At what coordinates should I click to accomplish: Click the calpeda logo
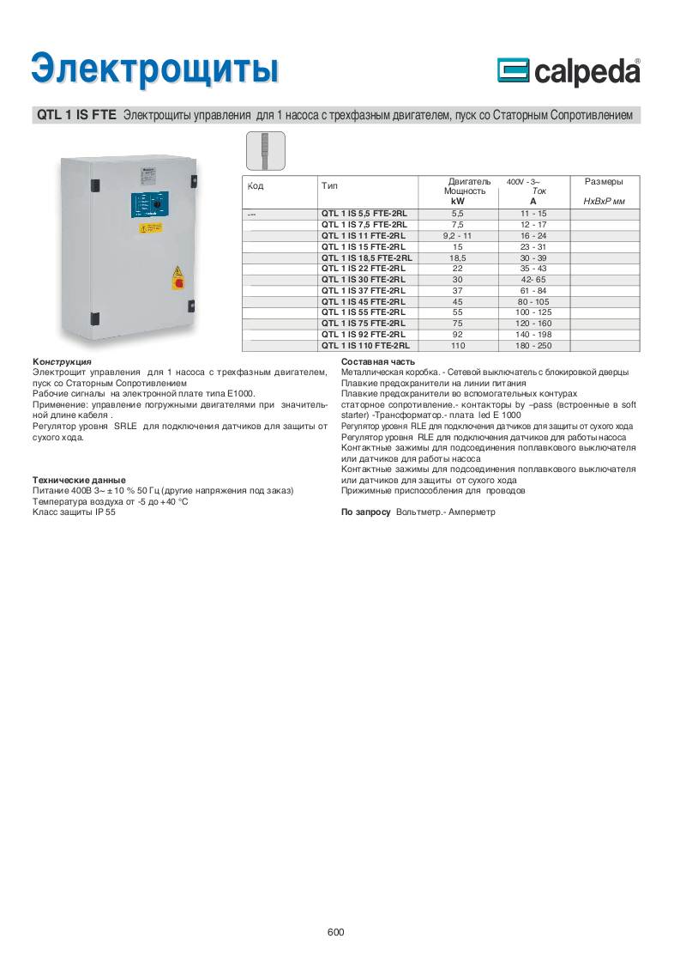click(x=569, y=72)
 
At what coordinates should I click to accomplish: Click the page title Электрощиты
click(x=154, y=68)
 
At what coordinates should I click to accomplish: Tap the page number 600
click(x=335, y=932)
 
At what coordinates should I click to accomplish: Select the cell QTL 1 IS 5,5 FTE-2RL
click(x=364, y=212)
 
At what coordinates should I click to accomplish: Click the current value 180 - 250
click(x=533, y=346)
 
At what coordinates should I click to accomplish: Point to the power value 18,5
click(x=457, y=257)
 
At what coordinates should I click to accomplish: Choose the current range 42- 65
click(x=533, y=279)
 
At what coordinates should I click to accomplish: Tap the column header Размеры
click(x=603, y=181)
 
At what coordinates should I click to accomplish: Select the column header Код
click(x=255, y=185)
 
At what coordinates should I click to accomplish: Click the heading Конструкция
click(x=62, y=362)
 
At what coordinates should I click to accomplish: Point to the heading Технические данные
click(x=79, y=480)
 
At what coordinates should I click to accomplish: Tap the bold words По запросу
click(x=366, y=512)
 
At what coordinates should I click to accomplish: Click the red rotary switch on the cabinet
click(x=178, y=279)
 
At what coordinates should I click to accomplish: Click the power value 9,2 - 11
click(x=457, y=234)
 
